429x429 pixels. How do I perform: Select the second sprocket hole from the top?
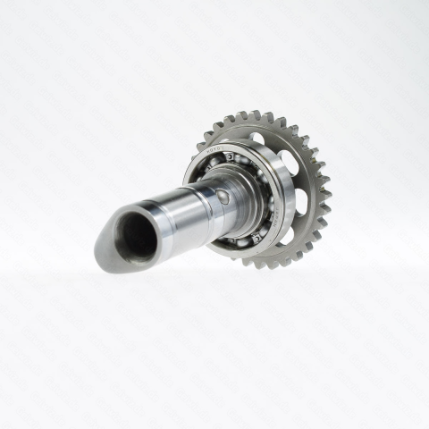(x=287, y=161)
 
